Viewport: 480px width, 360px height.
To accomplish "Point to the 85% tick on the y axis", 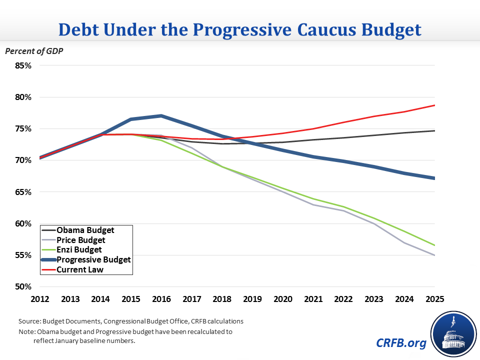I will click(x=23, y=65).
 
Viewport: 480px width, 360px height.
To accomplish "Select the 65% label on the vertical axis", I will click(x=23, y=192).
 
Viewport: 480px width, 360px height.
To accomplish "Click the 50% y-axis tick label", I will click(x=23, y=287).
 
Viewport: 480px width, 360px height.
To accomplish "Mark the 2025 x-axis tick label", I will click(x=435, y=299).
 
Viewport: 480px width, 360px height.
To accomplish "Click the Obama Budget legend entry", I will click(x=85, y=230).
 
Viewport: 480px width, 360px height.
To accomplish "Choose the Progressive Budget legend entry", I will click(x=93, y=259).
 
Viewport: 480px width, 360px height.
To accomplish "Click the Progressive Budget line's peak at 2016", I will click(x=160, y=116).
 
